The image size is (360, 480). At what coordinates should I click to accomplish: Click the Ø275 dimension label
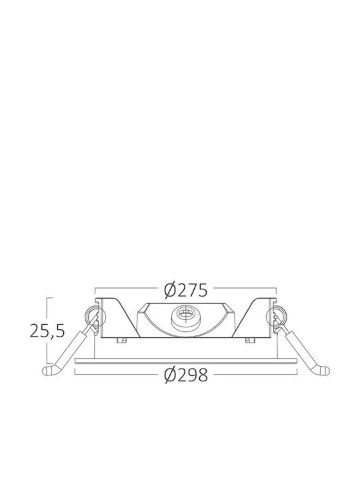186,290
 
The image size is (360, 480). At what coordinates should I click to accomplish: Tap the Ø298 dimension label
186,375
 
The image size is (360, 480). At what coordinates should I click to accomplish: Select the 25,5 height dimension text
47,331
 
